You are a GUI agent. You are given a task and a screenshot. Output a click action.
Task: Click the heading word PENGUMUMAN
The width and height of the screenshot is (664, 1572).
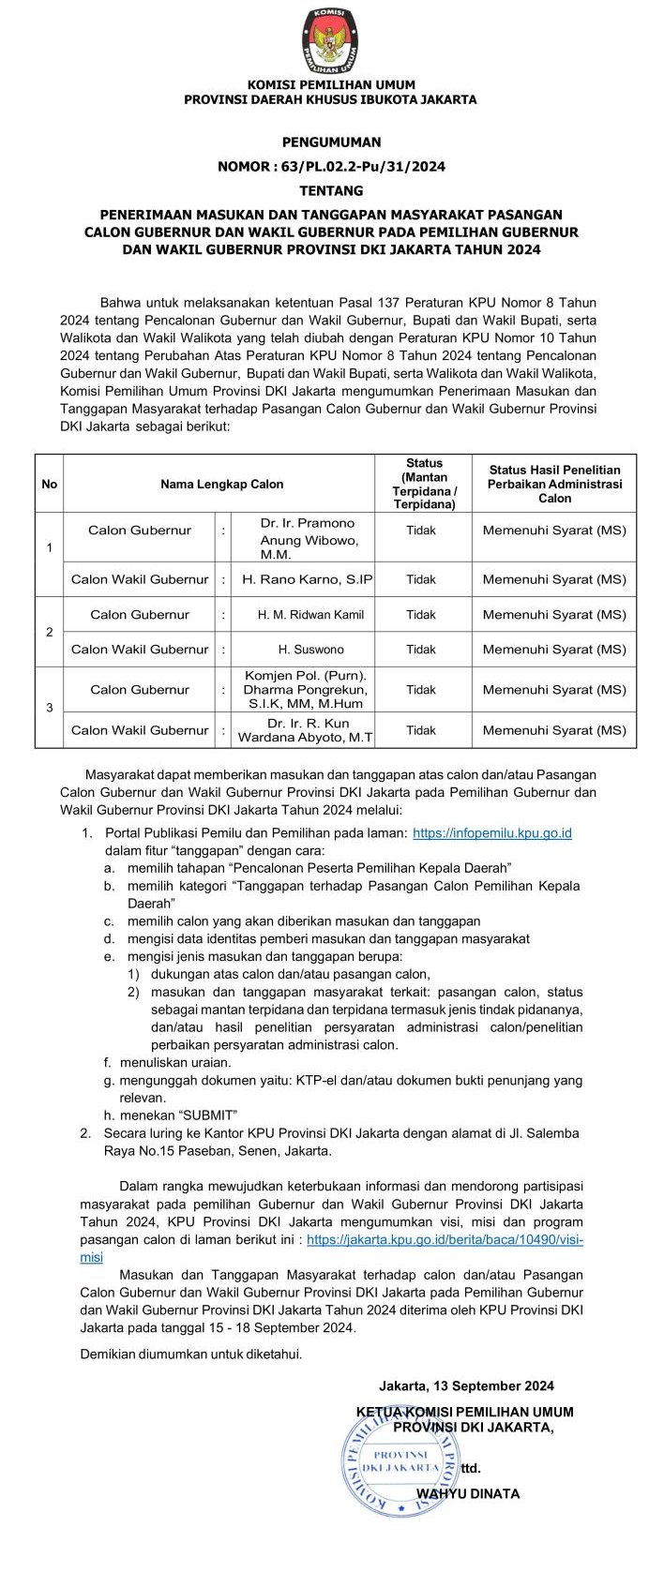pos(331,142)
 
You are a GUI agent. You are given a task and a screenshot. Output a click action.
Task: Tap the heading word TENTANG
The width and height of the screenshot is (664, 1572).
pos(331,190)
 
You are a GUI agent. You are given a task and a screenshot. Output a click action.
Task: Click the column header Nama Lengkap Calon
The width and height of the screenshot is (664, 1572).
pos(221,484)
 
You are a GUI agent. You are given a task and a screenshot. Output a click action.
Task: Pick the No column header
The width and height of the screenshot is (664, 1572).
pos(50,484)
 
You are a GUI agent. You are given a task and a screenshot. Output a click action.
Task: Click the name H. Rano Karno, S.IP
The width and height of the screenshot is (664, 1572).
pos(308,579)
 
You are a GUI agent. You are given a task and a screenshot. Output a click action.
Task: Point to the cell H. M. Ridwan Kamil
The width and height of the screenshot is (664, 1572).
pos(310,615)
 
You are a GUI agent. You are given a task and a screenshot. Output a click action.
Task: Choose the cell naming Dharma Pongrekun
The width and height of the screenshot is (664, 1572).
pos(306,689)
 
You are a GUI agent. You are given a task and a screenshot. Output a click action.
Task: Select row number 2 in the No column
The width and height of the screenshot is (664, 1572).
pos(50,632)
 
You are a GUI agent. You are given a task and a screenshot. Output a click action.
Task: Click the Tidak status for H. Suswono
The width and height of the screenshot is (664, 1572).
pos(421,649)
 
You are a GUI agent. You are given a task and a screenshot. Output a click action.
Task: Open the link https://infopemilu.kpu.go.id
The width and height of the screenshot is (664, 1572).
pos(492,832)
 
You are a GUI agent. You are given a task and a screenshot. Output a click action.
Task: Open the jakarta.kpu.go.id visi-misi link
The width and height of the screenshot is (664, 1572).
pos(445,1239)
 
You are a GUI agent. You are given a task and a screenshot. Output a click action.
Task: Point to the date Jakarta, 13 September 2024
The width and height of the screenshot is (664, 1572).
pos(466,1385)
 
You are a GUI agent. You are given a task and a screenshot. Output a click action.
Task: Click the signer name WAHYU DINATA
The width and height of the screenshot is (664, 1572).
pos(468,1492)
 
